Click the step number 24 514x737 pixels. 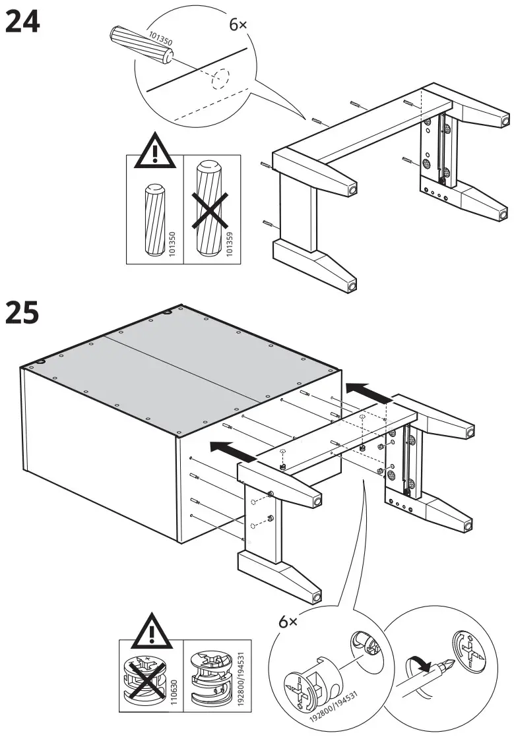point(23,23)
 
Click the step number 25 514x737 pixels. point(23,313)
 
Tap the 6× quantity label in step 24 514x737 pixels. point(238,24)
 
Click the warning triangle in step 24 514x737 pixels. point(153,151)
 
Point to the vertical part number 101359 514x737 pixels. point(230,243)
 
